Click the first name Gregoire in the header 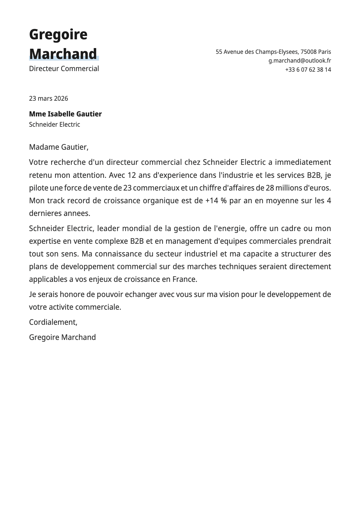click(x=58, y=34)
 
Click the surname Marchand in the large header click(x=63, y=54)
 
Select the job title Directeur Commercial click(x=64, y=69)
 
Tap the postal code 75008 click(x=308, y=52)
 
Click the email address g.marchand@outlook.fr click(x=299, y=60)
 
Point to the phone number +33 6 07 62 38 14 click(x=308, y=70)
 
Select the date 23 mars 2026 click(x=48, y=98)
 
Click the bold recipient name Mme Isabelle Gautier click(x=65, y=114)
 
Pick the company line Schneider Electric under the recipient click(x=54, y=124)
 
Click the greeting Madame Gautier click(x=58, y=147)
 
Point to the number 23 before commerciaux click(x=127, y=188)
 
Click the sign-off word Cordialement click(x=53, y=322)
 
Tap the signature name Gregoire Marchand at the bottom click(x=62, y=337)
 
